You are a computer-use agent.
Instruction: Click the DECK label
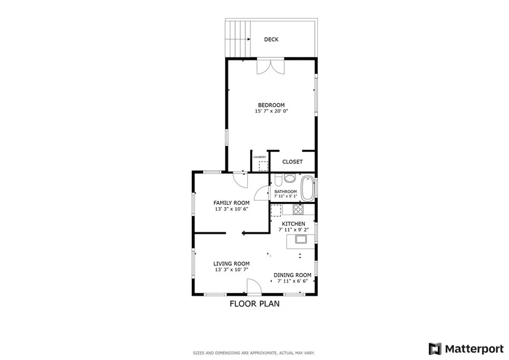(271, 39)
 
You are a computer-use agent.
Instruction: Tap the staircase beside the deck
(238, 38)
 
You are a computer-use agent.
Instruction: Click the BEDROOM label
(271, 105)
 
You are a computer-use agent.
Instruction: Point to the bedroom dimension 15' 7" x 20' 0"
(271, 111)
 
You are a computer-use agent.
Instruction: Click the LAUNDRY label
(259, 157)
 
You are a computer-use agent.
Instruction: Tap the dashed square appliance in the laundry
(263, 166)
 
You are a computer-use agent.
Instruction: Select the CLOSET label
(292, 162)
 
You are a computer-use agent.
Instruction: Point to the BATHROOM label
(285, 192)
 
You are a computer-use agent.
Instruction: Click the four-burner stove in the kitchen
(298, 209)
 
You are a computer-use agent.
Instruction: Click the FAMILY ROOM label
(231, 203)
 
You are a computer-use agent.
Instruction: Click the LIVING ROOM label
(231, 264)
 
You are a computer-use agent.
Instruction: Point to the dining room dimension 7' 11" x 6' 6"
(293, 281)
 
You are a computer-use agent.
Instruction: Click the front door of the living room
(253, 287)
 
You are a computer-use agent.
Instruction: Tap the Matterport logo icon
(435, 348)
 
